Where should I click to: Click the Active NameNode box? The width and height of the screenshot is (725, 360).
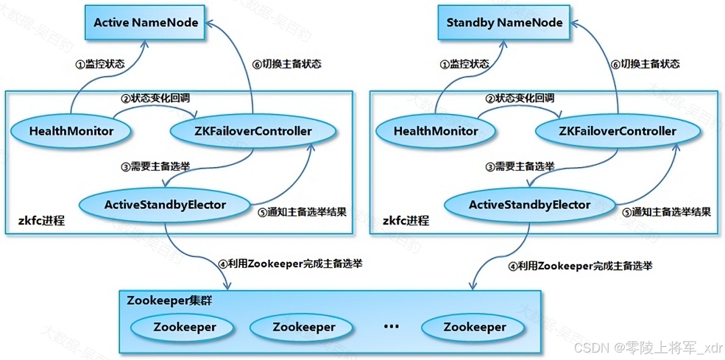(x=145, y=23)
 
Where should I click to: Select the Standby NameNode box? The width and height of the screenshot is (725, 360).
(x=504, y=23)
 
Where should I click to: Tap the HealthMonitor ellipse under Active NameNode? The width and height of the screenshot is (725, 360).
(x=72, y=131)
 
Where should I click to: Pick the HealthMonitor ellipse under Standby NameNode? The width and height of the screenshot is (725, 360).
(x=436, y=131)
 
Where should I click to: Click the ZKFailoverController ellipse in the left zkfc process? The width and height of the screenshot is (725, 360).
(x=253, y=131)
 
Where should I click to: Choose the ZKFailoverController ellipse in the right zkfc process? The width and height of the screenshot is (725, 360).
(x=617, y=131)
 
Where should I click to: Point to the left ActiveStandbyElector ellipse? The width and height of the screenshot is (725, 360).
(x=165, y=204)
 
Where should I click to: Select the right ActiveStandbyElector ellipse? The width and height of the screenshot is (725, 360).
(x=529, y=204)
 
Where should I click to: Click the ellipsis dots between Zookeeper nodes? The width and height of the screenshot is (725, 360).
(x=391, y=327)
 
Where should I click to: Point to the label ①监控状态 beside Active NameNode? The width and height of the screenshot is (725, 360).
(x=100, y=64)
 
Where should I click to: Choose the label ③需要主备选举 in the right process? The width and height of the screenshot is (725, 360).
(x=519, y=167)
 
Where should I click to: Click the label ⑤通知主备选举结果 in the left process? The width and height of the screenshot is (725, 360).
(x=298, y=212)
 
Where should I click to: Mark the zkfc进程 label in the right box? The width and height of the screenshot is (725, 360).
(x=405, y=220)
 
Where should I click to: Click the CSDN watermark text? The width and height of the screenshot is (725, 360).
(x=648, y=348)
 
